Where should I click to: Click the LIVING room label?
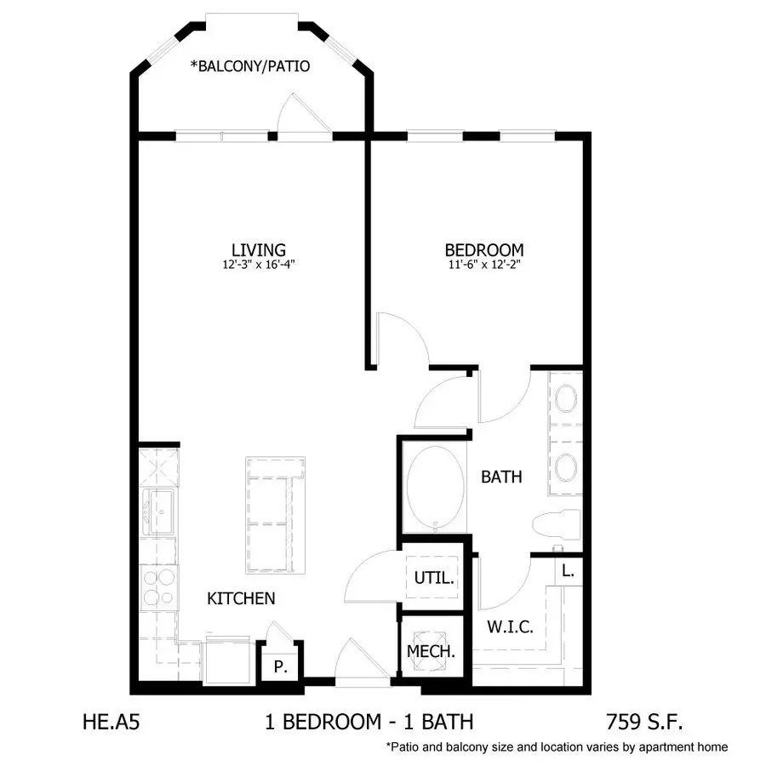pos(259,249)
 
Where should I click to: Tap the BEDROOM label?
pos(484,250)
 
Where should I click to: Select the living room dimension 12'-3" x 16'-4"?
pos(259,265)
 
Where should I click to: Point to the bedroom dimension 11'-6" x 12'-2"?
pos(484,265)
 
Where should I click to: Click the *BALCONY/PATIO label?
pos(250,66)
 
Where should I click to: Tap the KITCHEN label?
pos(241,598)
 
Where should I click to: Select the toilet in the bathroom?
pos(557,524)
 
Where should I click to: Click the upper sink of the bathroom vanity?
pos(566,398)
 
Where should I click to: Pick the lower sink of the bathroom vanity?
pos(566,467)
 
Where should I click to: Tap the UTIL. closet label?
pos(434,578)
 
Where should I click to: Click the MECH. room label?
pos(431,651)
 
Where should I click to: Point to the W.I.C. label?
pos(510,626)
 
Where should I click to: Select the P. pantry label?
pos(280,666)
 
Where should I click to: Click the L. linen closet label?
pos(568,570)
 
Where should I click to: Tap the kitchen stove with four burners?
pos(159,587)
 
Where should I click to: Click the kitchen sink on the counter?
pos(159,512)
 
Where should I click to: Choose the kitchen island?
pos(276,515)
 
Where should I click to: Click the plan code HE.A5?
pos(111,722)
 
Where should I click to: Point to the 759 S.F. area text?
pos(644,722)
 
